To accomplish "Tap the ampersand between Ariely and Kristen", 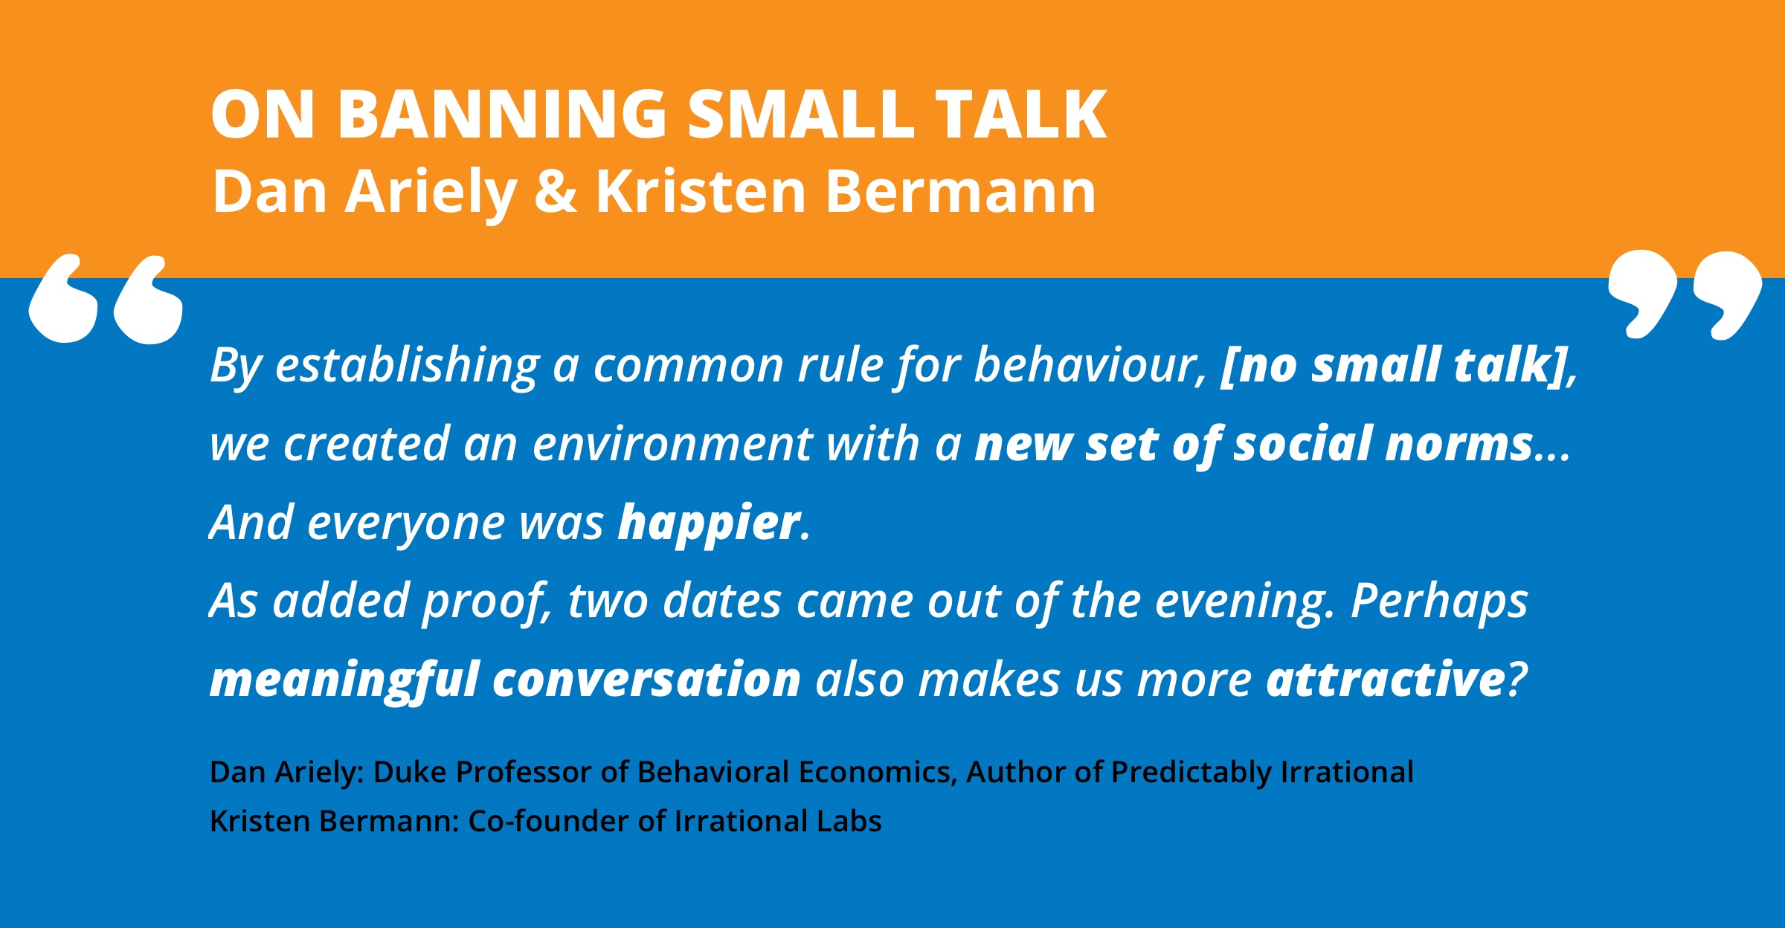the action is pos(556,191).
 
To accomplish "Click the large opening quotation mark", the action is pos(106,299).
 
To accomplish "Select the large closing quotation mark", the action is pos(1685,295).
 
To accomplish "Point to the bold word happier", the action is pos(710,523).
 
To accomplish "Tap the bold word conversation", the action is pos(646,680).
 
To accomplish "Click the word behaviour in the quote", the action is pos(1091,365).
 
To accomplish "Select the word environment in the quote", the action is pos(672,445).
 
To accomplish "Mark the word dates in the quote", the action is pos(721,601).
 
